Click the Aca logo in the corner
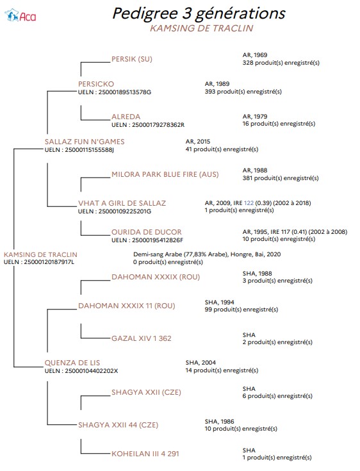pyautogui.click(x=20, y=15)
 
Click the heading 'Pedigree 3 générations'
pyautogui.click(x=199, y=13)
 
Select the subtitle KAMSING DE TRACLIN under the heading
pyautogui.click(x=202, y=28)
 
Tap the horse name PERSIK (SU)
pyautogui.click(x=132, y=59)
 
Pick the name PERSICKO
pyautogui.click(x=96, y=84)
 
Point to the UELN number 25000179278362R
pyautogui.click(x=158, y=125)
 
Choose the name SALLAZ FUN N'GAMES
pyautogui.click(x=85, y=142)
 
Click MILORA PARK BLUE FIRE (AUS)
pyautogui.click(x=165, y=174)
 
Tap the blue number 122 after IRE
pyautogui.click(x=249, y=202)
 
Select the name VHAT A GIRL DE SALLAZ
pyautogui.click(x=122, y=203)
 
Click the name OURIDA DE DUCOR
pyautogui.click(x=147, y=232)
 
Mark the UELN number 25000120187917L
pyautogui.click(x=49, y=262)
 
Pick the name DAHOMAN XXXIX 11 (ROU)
pyautogui.click(x=126, y=306)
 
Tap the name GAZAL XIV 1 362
pyautogui.click(x=142, y=338)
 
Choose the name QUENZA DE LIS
pyautogui.click(x=72, y=363)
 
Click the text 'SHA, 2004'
pyautogui.click(x=200, y=363)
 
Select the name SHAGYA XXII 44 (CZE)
pyautogui.click(x=118, y=425)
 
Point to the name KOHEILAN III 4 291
pyautogui.click(x=145, y=454)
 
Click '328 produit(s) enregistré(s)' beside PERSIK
pyautogui.click(x=281, y=63)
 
